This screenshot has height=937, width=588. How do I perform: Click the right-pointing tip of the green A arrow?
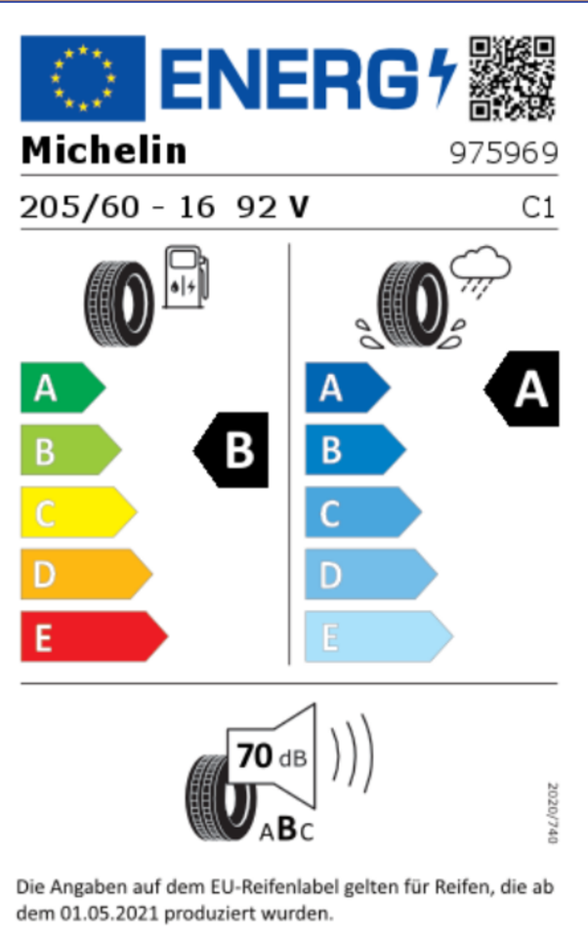pyautogui.click(x=105, y=387)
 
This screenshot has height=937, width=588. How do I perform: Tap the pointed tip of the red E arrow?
pyautogui.click(x=168, y=635)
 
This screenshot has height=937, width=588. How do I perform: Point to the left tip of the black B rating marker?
pyautogui.click(x=193, y=450)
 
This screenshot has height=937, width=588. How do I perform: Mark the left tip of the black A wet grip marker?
pyautogui.click(x=483, y=389)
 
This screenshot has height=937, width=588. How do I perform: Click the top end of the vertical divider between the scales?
pyautogui.click(x=289, y=244)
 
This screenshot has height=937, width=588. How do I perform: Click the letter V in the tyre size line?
pyautogui.click(x=299, y=207)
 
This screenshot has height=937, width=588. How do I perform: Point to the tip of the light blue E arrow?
pyautogui.click(x=453, y=635)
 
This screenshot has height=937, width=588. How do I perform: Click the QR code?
pyautogui.click(x=512, y=78)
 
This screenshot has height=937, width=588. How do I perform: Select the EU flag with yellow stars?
pyautogui.click(x=83, y=78)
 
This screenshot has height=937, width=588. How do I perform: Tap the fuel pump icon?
pyautogui.click(x=186, y=276)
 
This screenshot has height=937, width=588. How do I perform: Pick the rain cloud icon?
pyautogui.click(x=481, y=270)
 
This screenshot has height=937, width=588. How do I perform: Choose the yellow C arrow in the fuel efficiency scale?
pyautogui.click(x=79, y=512)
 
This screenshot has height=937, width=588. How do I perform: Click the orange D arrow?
pyautogui.click(x=87, y=574)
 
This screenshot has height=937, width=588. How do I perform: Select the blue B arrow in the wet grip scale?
pyautogui.click(x=356, y=450)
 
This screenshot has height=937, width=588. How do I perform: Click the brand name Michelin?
pyautogui.click(x=105, y=150)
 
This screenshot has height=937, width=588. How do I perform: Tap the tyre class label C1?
pyautogui.click(x=538, y=207)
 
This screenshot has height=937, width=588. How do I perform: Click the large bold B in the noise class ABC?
pyautogui.click(x=287, y=829)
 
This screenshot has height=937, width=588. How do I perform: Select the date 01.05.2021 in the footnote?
pyautogui.click(x=108, y=914)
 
